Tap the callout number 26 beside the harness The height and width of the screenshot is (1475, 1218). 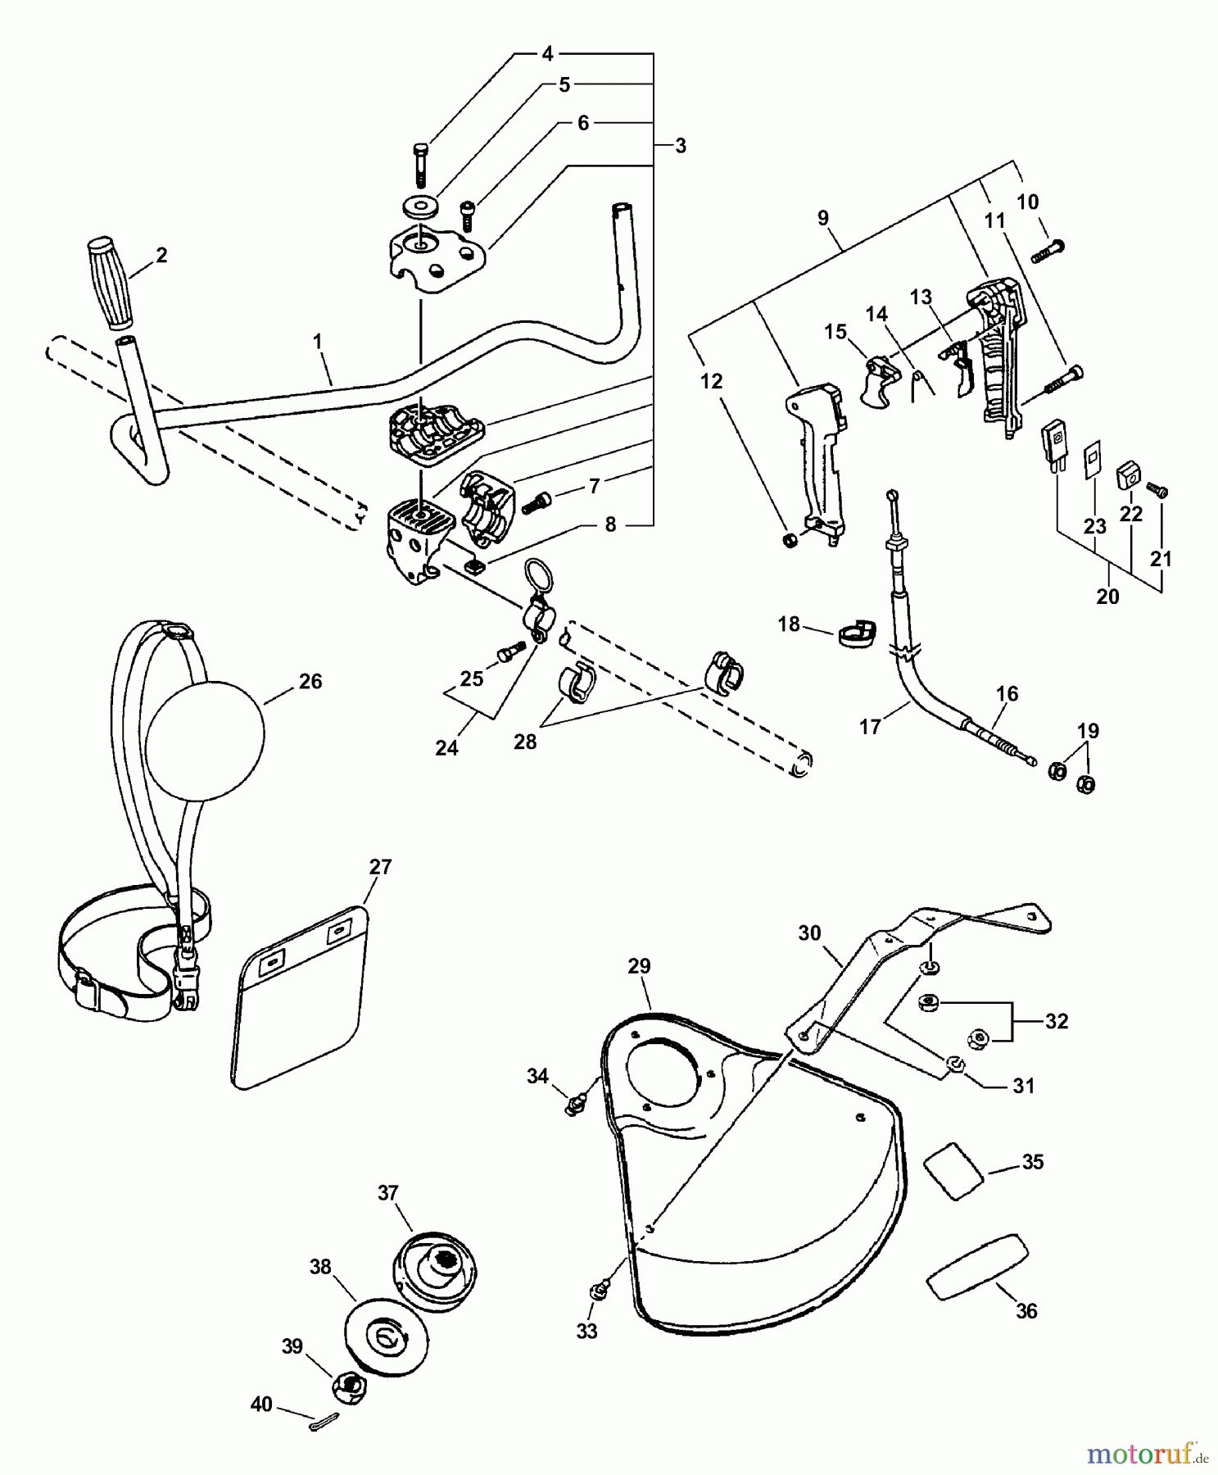point(310,681)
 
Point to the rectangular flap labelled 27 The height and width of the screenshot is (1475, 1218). point(300,1000)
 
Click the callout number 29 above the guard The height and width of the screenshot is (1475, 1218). point(639,966)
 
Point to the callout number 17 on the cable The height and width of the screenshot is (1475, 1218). point(870,726)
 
